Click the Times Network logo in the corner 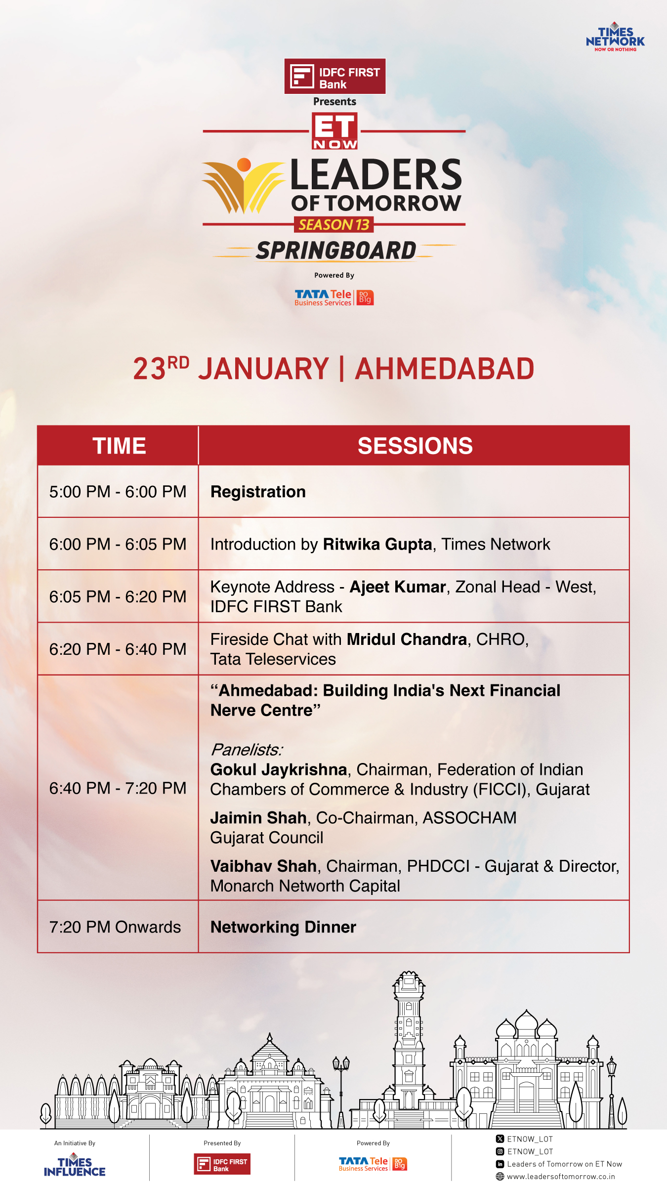[615, 37]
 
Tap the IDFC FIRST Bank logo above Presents [335, 77]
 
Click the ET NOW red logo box [335, 131]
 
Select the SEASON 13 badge [334, 225]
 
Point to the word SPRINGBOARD [336, 251]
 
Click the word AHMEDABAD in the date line [445, 369]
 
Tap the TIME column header [119, 446]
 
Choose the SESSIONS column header [415, 446]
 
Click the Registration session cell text [258, 492]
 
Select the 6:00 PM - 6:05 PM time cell [118, 544]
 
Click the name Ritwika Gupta [377, 545]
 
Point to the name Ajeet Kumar [398, 587]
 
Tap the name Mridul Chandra [407, 639]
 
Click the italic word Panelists [247, 750]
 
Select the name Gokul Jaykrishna [279, 770]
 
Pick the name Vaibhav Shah [263, 866]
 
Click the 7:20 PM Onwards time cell [115, 927]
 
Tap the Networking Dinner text [283, 928]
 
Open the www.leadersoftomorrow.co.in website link [561, 1177]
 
